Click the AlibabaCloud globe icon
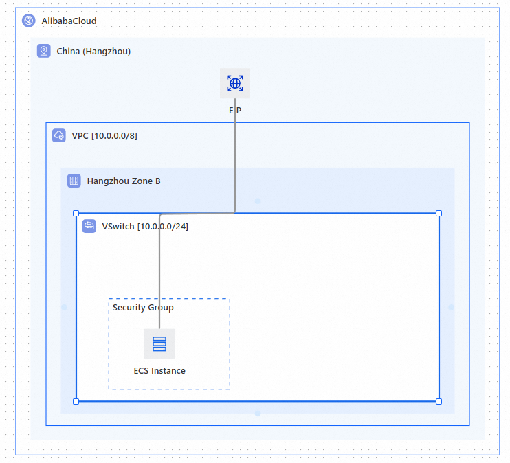[x=29, y=21]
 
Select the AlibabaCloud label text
[x=69, y=21]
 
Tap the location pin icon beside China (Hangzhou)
[x=44, y=51]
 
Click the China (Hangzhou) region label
[x=93, y=51]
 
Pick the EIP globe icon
[x=235, y=84]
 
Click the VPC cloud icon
[x=59, y=135]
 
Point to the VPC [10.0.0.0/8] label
[x=104, y=135]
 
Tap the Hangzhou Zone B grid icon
[x=74, y=181]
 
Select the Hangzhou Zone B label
[x=124, y=181]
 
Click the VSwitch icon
[x=89, y=226]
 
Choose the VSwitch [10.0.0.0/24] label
[x=144, y=226]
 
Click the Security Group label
[x=143, y=307]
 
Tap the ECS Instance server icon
[x=159, y=343]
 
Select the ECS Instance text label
[x=159, y=370]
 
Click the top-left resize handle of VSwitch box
[x=76, y=214]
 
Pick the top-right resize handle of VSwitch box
[x=439, y=214]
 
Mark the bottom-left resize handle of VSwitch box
[x=76, y=401]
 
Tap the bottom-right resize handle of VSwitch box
[x=439, y=401]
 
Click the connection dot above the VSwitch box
[x=258, y=201]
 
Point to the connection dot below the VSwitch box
[x=258, y=414]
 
